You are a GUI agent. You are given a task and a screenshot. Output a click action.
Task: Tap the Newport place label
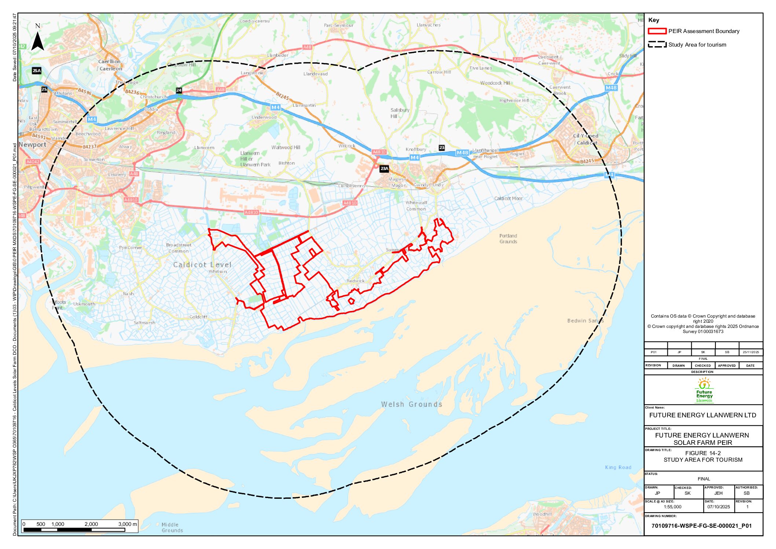32,144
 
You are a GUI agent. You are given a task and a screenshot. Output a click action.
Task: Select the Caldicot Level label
202,265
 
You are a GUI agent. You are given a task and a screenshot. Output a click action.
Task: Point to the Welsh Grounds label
411,404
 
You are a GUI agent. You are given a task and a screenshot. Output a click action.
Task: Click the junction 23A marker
384,169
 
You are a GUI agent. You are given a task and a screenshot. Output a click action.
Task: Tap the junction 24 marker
179,90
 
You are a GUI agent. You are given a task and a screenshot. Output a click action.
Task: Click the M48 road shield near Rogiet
462,153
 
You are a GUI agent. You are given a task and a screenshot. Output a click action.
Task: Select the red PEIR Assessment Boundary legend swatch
657,31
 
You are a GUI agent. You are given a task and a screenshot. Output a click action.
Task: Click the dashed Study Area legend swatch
657,45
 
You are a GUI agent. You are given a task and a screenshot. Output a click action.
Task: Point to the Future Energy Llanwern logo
704,390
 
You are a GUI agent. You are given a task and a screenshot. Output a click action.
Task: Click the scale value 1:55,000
672,507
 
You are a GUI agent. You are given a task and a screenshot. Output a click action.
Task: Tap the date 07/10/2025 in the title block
718,507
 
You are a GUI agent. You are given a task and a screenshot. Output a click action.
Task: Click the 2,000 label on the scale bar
91,524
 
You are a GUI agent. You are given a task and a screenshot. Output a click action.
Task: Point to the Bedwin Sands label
585,321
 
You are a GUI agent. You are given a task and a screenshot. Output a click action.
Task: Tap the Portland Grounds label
508,239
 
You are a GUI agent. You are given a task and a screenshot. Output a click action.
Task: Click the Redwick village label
355,281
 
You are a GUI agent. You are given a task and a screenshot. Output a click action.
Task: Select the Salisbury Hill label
399,113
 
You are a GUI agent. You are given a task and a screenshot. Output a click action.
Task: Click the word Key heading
654,20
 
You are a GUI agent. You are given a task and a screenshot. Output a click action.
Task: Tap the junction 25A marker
36,71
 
